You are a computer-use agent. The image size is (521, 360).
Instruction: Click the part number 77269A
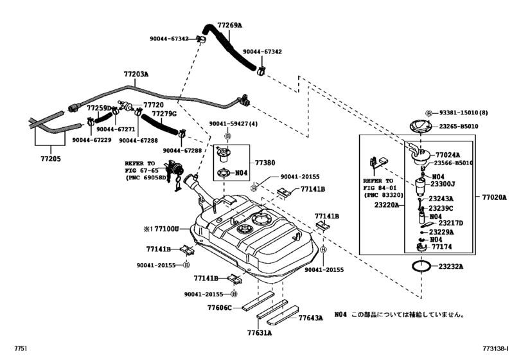coord(229,25)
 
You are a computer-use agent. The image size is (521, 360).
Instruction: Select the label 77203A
coord(136,74)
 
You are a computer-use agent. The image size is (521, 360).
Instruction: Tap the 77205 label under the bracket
coord(51,159)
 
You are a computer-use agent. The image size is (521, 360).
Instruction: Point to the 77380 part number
coord(265,163)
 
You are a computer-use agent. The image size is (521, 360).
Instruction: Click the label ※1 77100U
coord(161,229)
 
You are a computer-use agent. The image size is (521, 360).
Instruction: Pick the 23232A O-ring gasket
coord(421,266)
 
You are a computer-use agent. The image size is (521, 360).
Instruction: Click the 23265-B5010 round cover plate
coord(420,127)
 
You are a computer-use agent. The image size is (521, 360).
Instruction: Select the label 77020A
coord(495,197)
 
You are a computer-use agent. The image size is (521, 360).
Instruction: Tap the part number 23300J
coord(443,184)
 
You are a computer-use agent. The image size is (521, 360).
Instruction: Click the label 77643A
coord(310,318)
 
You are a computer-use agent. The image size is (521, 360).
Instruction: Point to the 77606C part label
coord(220,308)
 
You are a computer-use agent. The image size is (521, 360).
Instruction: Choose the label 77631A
coord(259,333)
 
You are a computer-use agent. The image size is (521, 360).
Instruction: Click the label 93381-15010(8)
coord(464,113)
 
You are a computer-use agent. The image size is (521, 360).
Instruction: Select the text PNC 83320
coord(385,195)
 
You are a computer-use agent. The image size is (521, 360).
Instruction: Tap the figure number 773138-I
coord(495,348)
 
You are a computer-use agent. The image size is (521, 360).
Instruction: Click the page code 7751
coord(21,348)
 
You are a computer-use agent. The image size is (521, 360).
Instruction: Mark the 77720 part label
coord(154,105)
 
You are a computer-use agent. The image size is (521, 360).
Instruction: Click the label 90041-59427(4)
coord(233,124)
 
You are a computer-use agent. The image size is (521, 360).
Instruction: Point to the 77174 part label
coord(441,247)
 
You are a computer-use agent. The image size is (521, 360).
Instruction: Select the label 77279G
coord(164,114)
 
